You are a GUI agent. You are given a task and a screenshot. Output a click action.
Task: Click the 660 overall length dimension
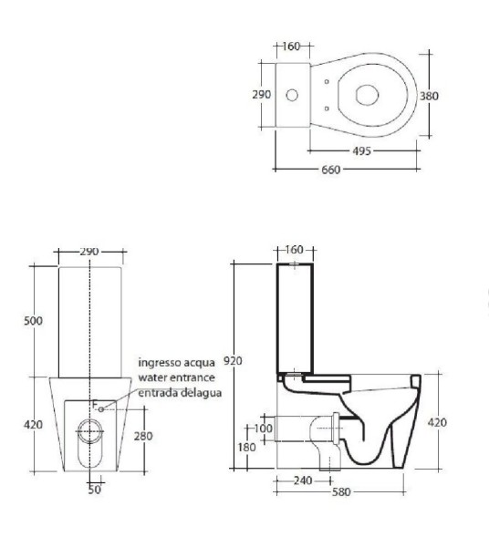(x=330, y=170)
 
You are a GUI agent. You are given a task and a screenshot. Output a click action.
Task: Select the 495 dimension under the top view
(x=362, y=151)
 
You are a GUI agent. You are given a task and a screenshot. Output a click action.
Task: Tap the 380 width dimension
(x=429, y=96)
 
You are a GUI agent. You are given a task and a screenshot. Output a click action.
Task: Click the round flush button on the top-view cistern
(x=292, y=95)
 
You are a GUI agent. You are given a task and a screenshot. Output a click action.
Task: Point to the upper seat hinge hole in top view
(x=327, y=81)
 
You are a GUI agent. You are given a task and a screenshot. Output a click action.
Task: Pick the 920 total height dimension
(x=233, y=361)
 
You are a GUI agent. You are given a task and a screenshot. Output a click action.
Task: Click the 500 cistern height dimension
(x=33, y=321)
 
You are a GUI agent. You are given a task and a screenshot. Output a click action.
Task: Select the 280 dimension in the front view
(x=143, y=436)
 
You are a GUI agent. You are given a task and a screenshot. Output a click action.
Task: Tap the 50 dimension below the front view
(x=95, y=490)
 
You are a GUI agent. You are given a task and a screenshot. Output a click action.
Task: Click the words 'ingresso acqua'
(x=176, y=362)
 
